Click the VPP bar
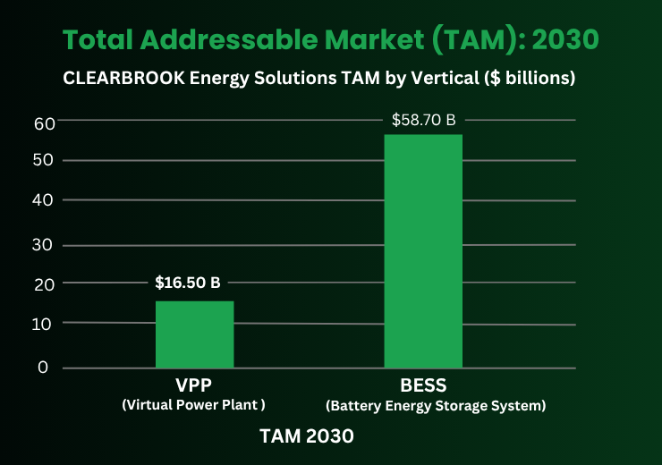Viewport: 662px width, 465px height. tap(194, 334)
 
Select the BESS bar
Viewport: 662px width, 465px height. tap(423, 250)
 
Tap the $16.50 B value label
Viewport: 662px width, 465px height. tap(188, 283)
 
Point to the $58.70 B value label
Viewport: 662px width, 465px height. tap(424, 119)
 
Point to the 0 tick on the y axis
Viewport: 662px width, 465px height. tap(43, 367)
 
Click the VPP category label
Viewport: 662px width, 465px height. tap(194, 386)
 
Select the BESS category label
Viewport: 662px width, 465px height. tap(423, 386)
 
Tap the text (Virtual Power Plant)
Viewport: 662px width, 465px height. tap(194, 405)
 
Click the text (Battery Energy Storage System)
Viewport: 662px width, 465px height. tap(436, 406)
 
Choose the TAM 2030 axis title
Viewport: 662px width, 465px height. tap(307, 436)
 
